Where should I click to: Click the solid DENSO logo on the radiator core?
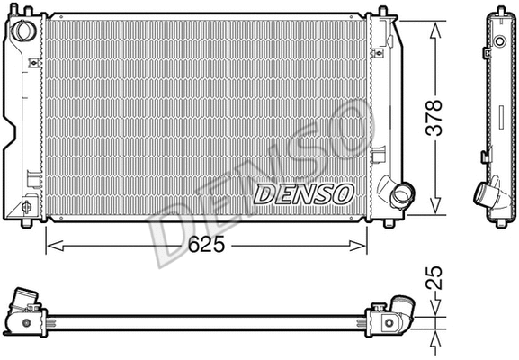coord(305,193)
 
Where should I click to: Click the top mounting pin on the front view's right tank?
coord(384,11)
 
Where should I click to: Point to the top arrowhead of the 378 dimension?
coord(435,23)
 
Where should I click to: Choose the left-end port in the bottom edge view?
coord(24,302)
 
